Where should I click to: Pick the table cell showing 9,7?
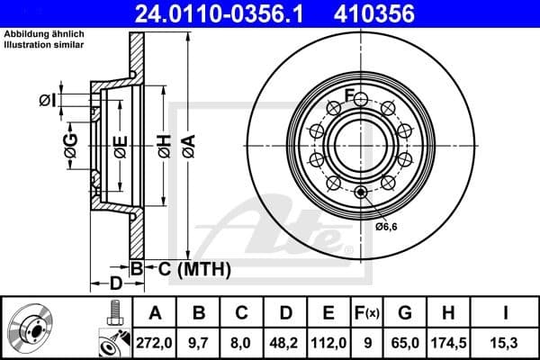click(199, 340)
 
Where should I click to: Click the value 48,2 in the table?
click(285, 340)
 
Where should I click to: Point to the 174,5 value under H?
click(448, 340)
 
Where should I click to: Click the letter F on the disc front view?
click(349, 95)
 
